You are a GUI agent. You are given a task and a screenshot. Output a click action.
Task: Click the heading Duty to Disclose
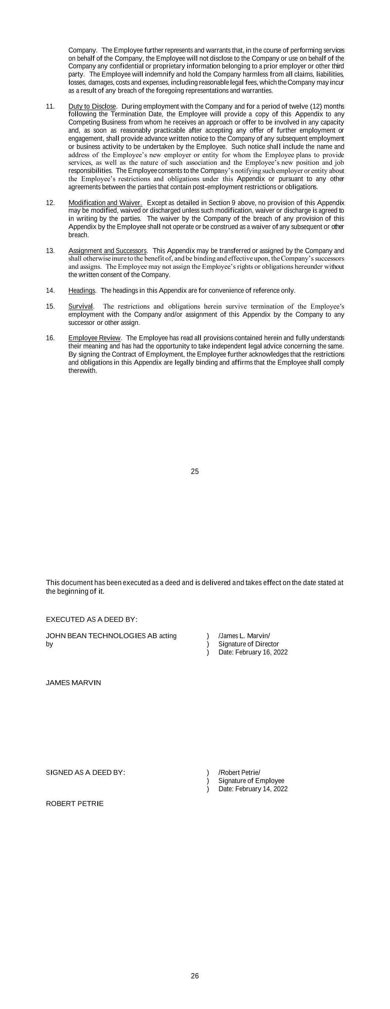click(92, 106)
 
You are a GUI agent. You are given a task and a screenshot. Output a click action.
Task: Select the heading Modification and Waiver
click(105, 203)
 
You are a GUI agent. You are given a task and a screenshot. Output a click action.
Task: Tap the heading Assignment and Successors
click(108, 251)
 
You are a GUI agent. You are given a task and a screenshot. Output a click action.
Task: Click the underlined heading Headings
click(82, 291)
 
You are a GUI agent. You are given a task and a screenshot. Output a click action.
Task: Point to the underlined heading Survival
click(81, 306)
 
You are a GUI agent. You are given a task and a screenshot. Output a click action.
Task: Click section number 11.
click(50, 106)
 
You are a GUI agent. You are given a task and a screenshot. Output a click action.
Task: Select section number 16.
click(50, 338)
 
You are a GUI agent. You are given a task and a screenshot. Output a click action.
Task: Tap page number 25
click(195, 472)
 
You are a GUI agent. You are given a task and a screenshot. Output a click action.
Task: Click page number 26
click(195, 976)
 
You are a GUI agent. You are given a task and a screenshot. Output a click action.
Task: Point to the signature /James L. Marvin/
click(244, 636)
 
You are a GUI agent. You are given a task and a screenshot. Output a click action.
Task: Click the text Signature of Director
click(248, 644)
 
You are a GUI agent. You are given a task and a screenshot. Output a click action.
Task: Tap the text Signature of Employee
click(251, 781)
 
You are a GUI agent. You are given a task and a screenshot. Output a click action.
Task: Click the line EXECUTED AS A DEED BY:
click(91, 620)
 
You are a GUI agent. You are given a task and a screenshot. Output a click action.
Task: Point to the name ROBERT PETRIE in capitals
click(75, 804)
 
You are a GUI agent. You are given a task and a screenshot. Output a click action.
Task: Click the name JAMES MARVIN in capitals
click(73, 683)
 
